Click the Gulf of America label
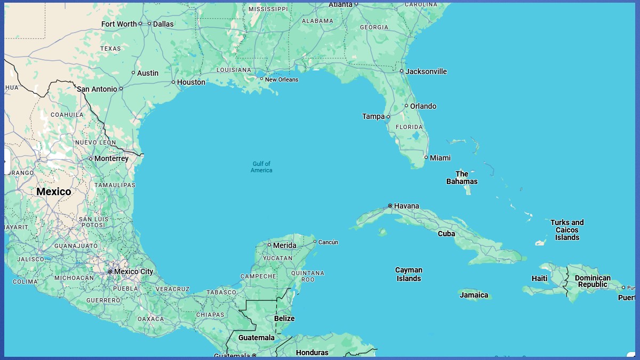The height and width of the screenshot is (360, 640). (x=261, y=167)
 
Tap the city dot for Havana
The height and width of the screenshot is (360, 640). (x=390, y=206)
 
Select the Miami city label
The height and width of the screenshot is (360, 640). (x=440, y=158)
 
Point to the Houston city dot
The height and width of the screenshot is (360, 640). (x=173, y=82)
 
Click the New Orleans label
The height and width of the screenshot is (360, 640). (x=282, y=79)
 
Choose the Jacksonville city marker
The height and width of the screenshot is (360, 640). (x=402, y=71)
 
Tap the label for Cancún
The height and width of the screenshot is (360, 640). (x=328, y=242)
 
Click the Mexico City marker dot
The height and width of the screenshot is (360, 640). (x=110, y=271)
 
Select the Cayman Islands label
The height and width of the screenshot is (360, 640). (x=409, y=274)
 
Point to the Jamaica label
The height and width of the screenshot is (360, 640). (x=474, y=295)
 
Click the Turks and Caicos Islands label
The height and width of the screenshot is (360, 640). (x=567, y=230)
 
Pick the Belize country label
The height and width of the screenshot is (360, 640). (x=284, y=318)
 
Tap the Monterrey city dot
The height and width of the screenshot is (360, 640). (x=91, y=158)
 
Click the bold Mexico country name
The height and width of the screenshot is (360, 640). (x=53, y=191)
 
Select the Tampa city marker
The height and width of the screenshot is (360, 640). (x=388, y=116)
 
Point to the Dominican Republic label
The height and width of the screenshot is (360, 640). (x=593, y=281)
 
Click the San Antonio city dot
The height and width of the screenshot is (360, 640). (x=121, y=89)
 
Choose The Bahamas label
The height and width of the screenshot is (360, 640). (x=462, y=178)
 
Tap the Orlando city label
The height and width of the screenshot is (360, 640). (x=423, y=106)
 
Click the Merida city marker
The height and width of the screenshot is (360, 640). (x=269, y=245)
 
